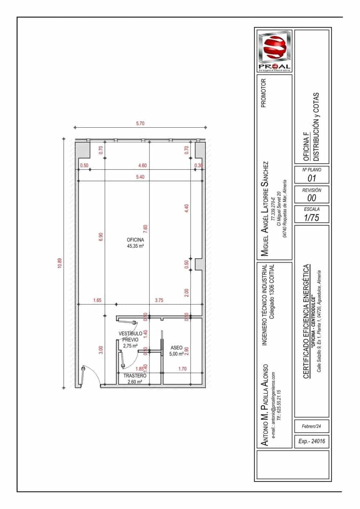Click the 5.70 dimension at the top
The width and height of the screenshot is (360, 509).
click(140, 123)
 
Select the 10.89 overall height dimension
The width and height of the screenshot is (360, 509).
click(60, 264)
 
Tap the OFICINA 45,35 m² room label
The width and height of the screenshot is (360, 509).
click(135, 243)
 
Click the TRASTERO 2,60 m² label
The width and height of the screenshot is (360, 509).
click(135, 379)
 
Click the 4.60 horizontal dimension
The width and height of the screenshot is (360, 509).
click(142, 165)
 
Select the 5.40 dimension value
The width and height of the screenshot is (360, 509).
click(140, 177)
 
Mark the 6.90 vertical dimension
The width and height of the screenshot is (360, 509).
click(101, 238)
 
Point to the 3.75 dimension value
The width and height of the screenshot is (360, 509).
click(159, 300)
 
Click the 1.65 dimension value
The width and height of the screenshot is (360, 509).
click(97, 300)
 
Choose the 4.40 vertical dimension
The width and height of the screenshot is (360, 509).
click(186, 208)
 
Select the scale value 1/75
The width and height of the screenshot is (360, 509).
click(312, 218)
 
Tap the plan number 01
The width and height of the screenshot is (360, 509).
click(312, 178)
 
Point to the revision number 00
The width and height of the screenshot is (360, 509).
click(312, 198)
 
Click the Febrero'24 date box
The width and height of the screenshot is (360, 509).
click(312, 426)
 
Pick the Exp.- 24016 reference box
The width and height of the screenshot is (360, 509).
click(312, 441)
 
